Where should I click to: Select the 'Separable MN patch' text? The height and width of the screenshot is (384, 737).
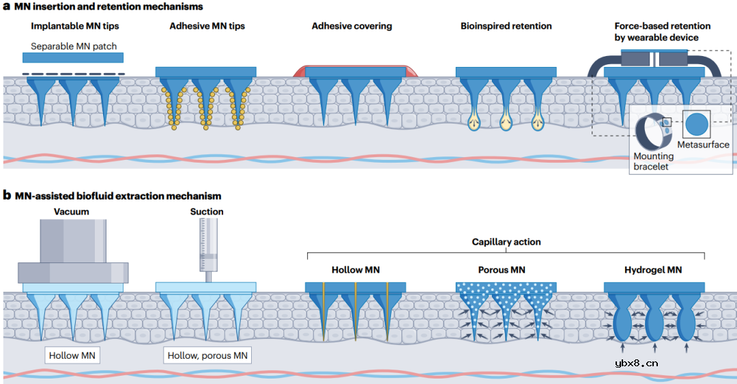(74, 46)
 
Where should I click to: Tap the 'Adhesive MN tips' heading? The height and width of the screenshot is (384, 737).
(207, 27)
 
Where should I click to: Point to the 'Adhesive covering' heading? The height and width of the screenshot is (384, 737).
(351, 27)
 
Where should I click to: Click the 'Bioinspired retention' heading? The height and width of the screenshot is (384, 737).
(506, 27)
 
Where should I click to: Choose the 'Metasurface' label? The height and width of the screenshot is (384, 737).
(703, 145)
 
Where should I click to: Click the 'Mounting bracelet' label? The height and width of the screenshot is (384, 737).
(654, 161)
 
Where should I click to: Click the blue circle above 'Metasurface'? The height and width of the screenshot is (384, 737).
(697, 124)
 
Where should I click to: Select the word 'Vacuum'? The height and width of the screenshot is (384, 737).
(72, 212)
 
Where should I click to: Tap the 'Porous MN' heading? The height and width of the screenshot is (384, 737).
(503, 270)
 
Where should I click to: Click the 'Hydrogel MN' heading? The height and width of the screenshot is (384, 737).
(653, 270)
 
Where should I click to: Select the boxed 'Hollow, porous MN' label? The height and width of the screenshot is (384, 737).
(207, 355)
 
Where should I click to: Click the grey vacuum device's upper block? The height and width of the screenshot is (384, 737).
(72, 241)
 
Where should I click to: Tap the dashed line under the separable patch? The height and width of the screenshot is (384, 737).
(74, 73)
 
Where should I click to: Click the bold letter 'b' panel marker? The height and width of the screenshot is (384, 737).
(7, 195)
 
